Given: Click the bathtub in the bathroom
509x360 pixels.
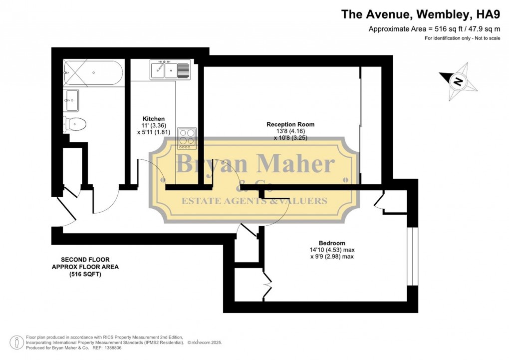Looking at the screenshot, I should [x=93, y=73].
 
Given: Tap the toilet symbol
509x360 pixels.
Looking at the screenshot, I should [x=75, y=123].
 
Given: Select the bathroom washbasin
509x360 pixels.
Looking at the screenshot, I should [x=72, y=100].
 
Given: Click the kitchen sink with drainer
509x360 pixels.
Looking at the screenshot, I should [x=170, y=69].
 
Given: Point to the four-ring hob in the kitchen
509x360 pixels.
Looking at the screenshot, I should [x=187, y=138].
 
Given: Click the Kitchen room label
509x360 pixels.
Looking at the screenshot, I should [x=154, y=119].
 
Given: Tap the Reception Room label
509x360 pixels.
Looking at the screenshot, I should [x=290, y=124].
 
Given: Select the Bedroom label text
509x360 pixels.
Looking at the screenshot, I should [x=332, y=243].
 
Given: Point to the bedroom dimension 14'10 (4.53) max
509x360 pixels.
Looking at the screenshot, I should [x=332, y=250].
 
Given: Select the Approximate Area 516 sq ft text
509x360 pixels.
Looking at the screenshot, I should [x=434, y=28].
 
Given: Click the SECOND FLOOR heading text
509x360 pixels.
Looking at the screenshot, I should [x=85, y=260].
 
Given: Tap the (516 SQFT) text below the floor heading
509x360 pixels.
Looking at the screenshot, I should [x=85, y=274].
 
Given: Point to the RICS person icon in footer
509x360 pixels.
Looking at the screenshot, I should [x=17, y=343].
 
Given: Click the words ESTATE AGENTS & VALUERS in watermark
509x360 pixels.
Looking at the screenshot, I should [x=254, y=201].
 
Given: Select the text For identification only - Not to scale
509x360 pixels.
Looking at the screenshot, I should [x=462, y=38].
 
